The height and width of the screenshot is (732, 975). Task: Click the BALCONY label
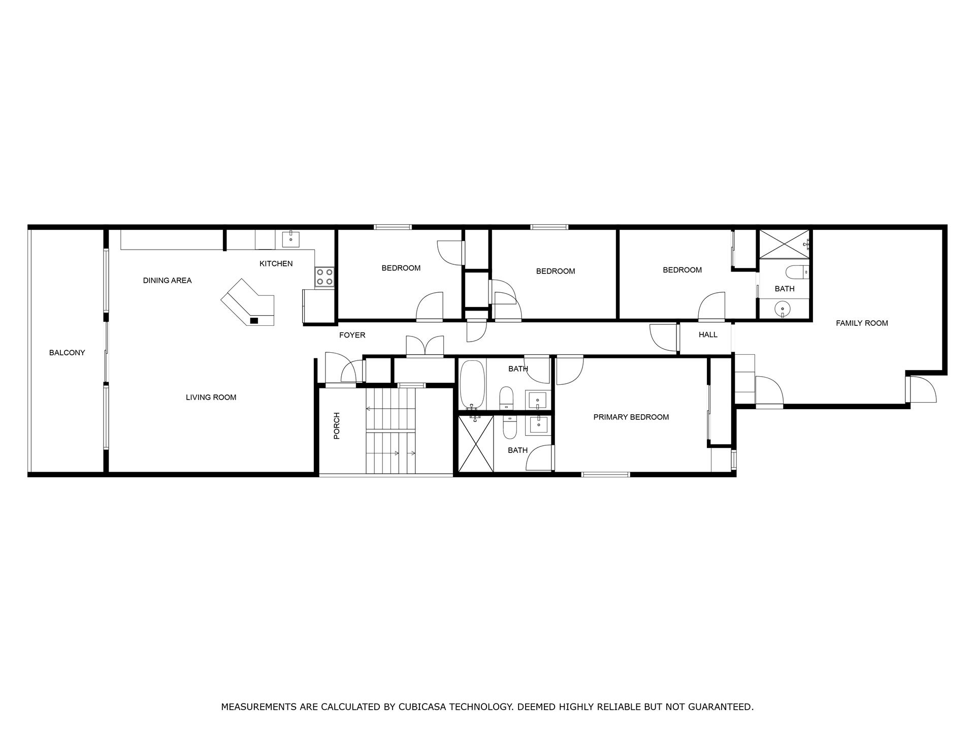click(67, 353)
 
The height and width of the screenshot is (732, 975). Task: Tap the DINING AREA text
click(167, 281)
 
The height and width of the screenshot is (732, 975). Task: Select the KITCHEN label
click(276, 264)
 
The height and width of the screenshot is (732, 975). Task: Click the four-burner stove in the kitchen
click(324, 277)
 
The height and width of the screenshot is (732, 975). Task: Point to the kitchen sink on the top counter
click(290, 239)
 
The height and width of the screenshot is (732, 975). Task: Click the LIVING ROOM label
click(211, 398)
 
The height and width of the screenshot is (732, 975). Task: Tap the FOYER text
click(352, 335)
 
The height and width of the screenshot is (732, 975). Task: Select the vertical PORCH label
click(336, 426)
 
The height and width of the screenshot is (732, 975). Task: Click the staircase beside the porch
click(391, 431)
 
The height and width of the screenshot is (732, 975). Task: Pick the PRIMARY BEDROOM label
click(631, 417)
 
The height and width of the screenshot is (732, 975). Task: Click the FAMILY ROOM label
click(862, 323)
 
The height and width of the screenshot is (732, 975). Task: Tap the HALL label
click(708, 335)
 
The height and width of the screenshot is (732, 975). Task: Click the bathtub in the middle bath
click(473, 385)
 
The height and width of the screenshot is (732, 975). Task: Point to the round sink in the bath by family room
click(784, 308)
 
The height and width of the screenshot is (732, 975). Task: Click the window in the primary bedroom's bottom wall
click(605, 475)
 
